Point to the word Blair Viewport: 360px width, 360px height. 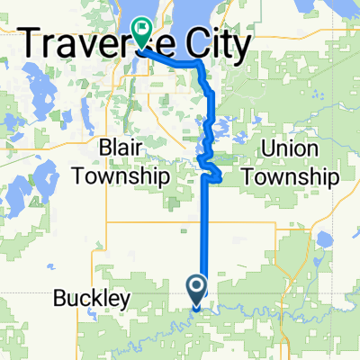tap(133, 148)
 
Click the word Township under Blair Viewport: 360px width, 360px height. tap(133, 175)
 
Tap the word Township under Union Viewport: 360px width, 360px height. tap(288, 175)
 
